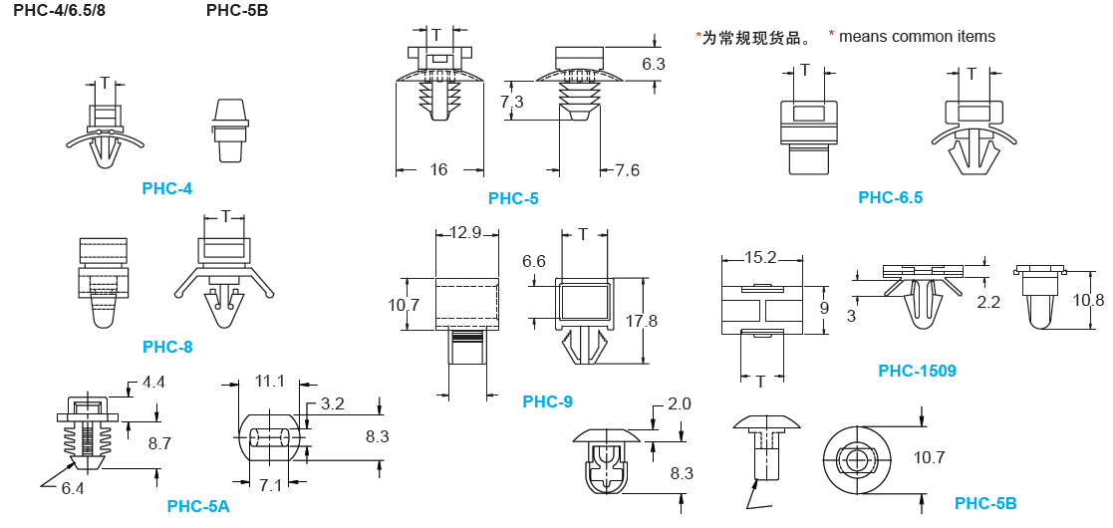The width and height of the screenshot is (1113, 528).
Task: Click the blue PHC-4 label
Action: (167, 188)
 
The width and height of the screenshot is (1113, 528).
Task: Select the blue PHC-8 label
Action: (167, 347)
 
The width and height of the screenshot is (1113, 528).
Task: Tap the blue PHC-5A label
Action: (198, 506)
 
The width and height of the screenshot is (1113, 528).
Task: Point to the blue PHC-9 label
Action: (547, 401)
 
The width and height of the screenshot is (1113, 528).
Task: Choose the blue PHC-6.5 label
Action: (890, 197)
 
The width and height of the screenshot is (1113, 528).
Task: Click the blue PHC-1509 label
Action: (917, 371)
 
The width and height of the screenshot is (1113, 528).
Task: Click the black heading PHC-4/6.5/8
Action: (59, 11)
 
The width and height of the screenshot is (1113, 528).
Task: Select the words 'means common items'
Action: (917, 37)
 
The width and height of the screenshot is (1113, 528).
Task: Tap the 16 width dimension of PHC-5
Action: (438, 169)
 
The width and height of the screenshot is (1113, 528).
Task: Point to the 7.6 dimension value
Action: (627, 169)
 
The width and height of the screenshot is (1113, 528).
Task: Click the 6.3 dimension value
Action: (654, 64)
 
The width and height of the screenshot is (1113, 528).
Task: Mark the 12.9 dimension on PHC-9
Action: (465, 233)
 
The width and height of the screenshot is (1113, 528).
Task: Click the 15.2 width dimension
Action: (760, 257)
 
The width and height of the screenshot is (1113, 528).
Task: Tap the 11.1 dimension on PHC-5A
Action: (270, 381)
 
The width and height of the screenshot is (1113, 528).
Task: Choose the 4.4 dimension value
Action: (153, 382)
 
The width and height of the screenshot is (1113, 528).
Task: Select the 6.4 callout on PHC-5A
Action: (73, 488)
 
